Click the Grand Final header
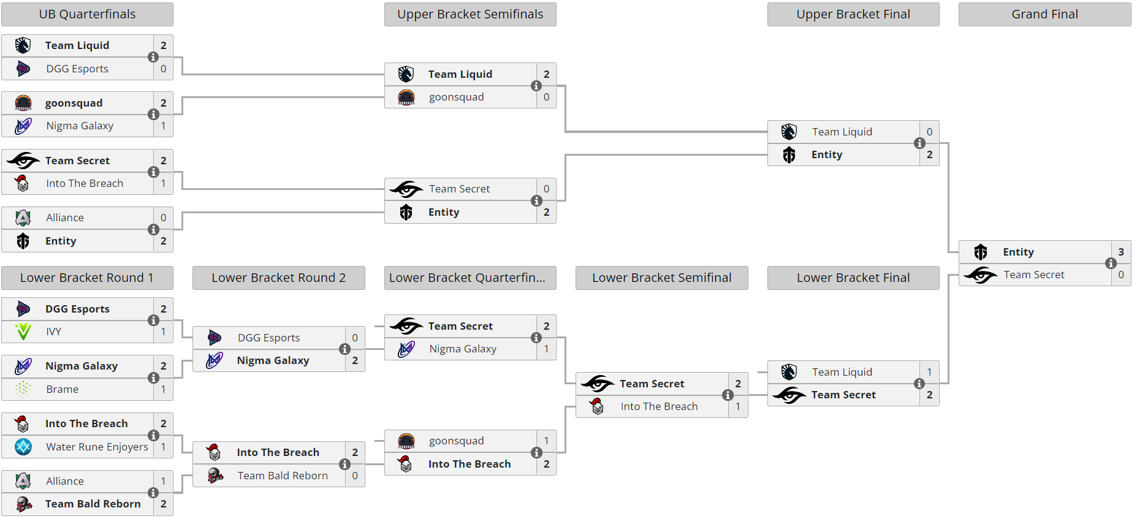click(x=1044, y=14)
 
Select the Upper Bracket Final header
click(x=853, y=14)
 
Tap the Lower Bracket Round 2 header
click(x=278, y=278)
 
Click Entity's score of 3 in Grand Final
click(x=1121, y=252)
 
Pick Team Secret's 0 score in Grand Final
click(x=1121, y=275)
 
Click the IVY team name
click(x=54, y=332)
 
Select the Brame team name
click(x=63, y=389)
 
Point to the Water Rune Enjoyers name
click(x=97, y=447)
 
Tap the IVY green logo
click(x=23, y=332)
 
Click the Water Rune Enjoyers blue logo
click(x=23, y=447)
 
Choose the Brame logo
click(x=23, y=389)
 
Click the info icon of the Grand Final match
click(x=1111, y=264)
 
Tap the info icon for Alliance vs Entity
click(x=153, y=229)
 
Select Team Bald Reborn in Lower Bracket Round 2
click(x=283, y=476)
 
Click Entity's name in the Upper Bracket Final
click(x=827, y=154)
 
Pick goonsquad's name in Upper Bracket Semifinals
click(x=456, y=97)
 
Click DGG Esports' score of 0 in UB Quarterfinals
click(x=164, y=69)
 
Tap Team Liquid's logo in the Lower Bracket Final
click(x=789, y=372)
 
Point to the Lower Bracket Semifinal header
click(x=661, y=278)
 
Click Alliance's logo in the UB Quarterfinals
click(x=23, y=218)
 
